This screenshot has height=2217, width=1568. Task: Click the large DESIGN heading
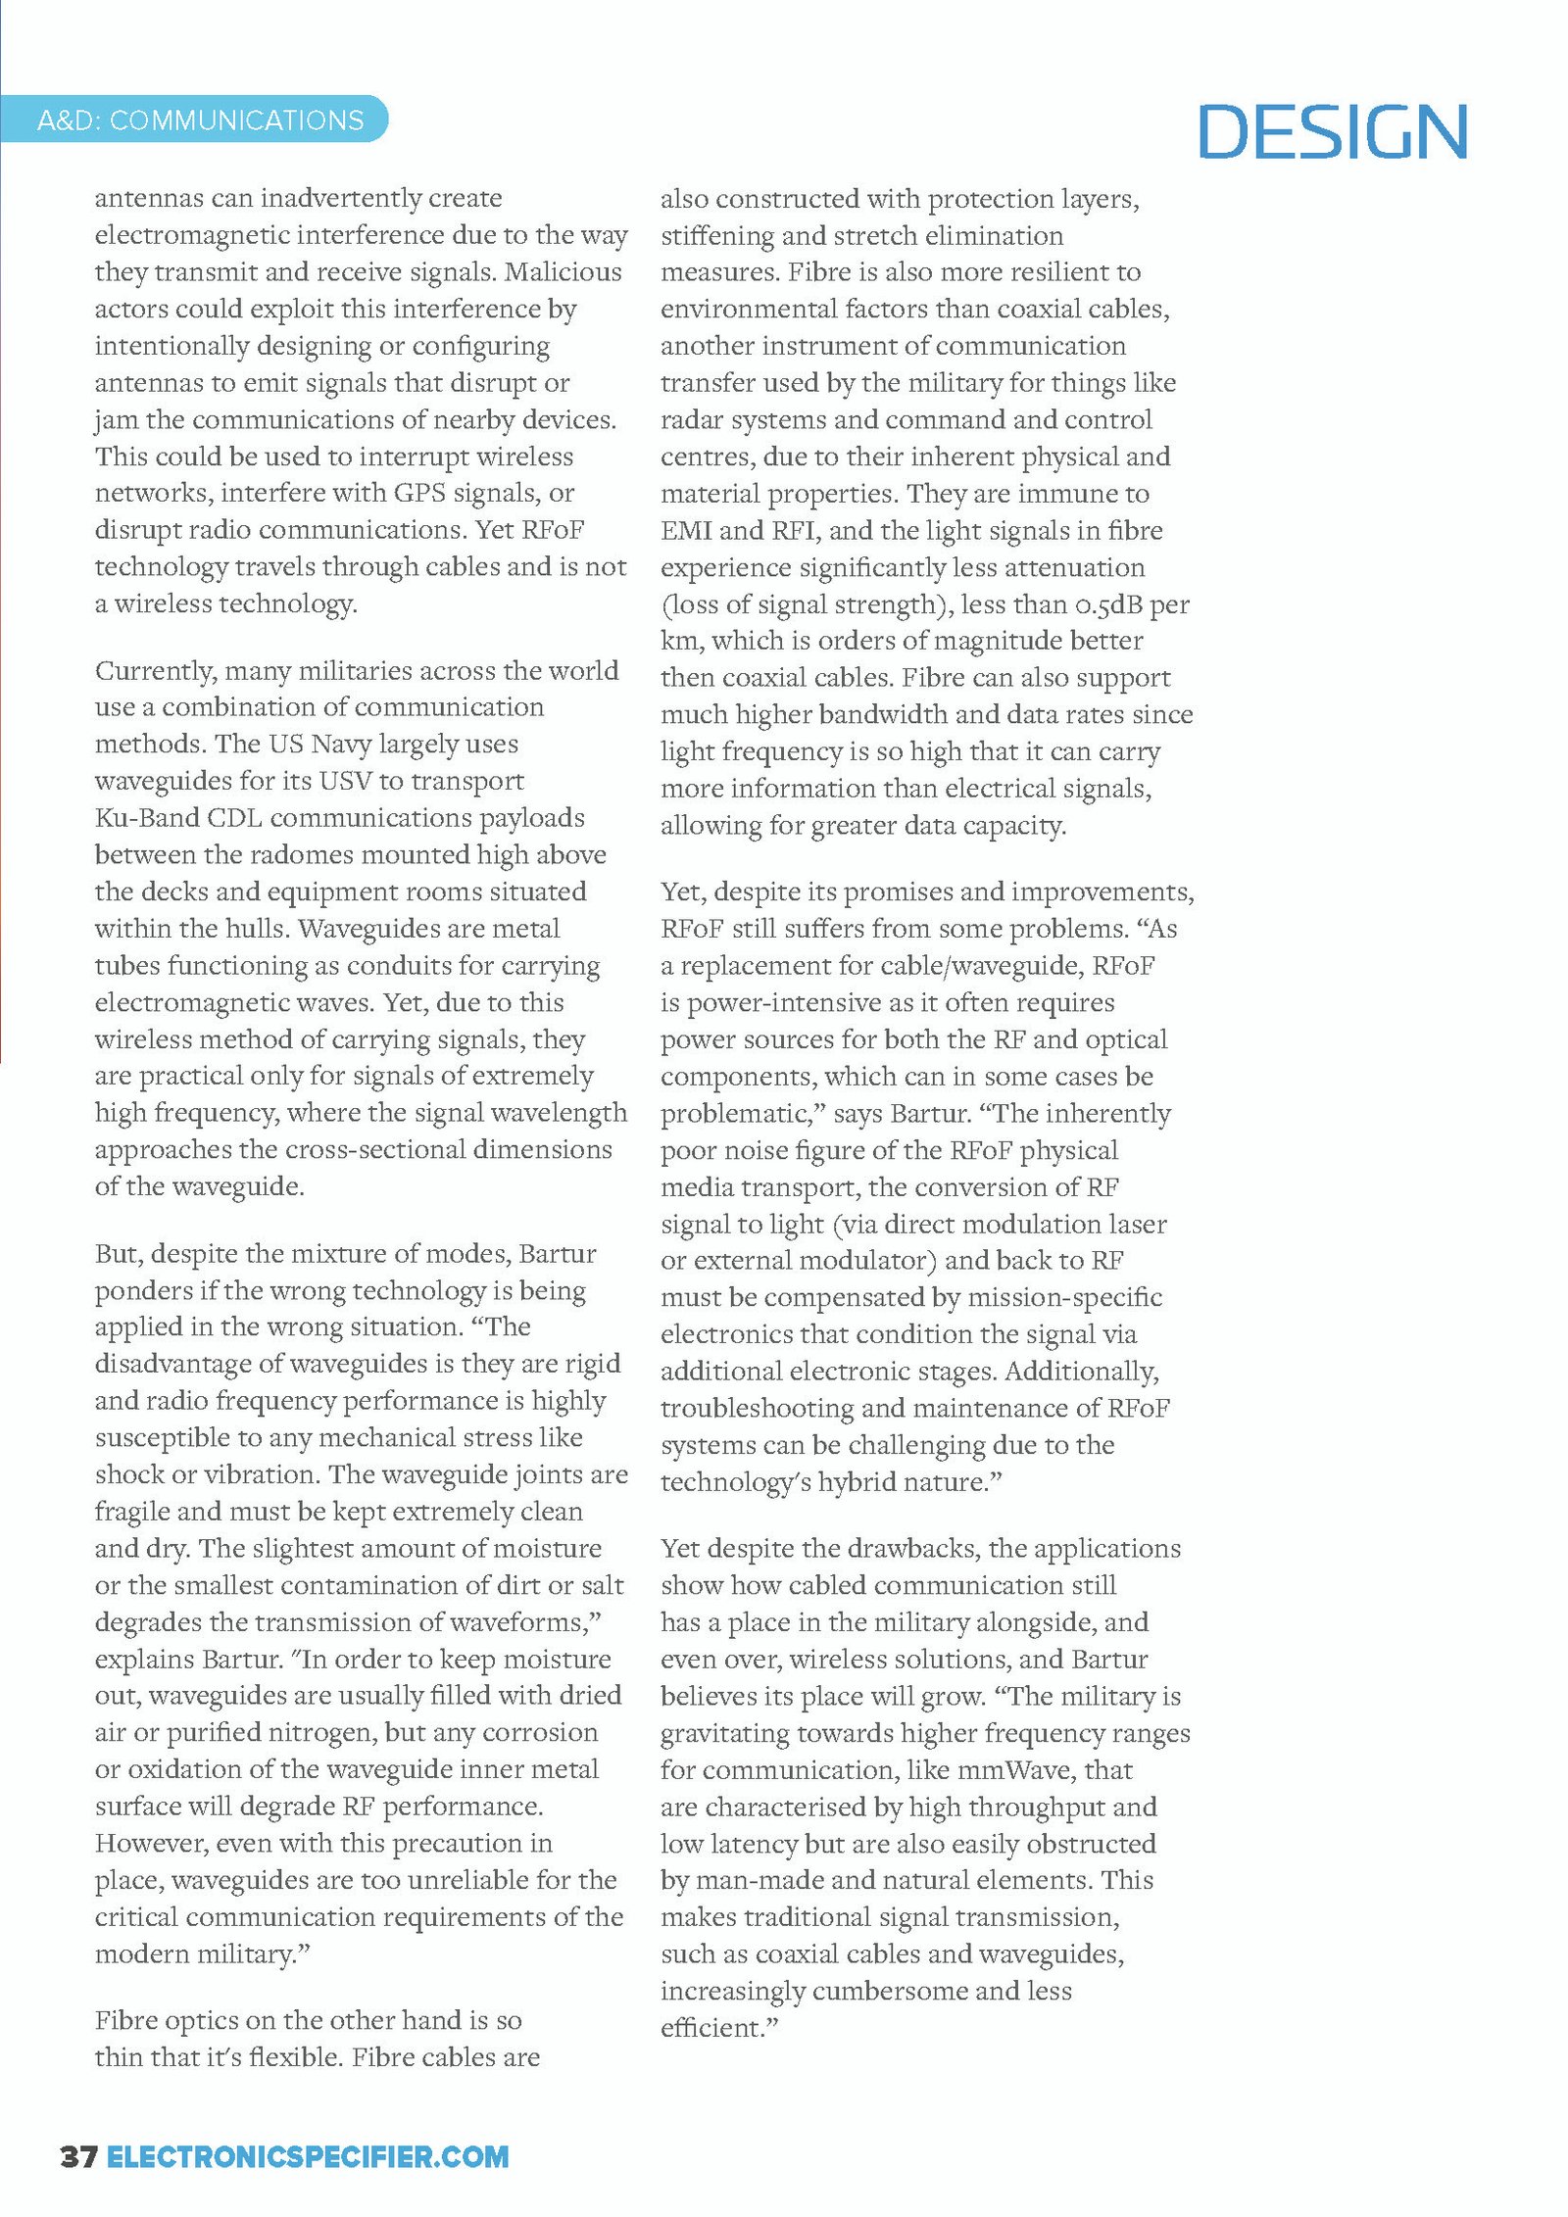pos(1332,131)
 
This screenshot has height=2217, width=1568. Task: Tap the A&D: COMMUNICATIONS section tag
pos(200,120)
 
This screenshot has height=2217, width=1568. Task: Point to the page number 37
pos(78,2155)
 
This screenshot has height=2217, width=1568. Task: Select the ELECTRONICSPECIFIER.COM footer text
pos(308,2155)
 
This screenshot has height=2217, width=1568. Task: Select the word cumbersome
pos(889,1990)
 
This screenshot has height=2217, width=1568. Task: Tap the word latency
pos(751,1843)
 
